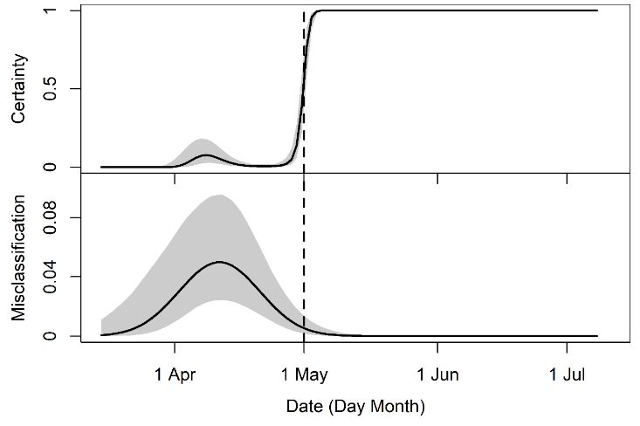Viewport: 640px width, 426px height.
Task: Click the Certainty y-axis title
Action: click(19, 88)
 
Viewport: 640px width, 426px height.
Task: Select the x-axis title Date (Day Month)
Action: click(354, 407)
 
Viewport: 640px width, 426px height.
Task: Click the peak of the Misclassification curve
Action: click(219, 262)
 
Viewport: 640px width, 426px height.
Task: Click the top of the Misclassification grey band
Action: click(219, 196)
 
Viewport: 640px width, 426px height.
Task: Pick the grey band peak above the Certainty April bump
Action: click(202, 139)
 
